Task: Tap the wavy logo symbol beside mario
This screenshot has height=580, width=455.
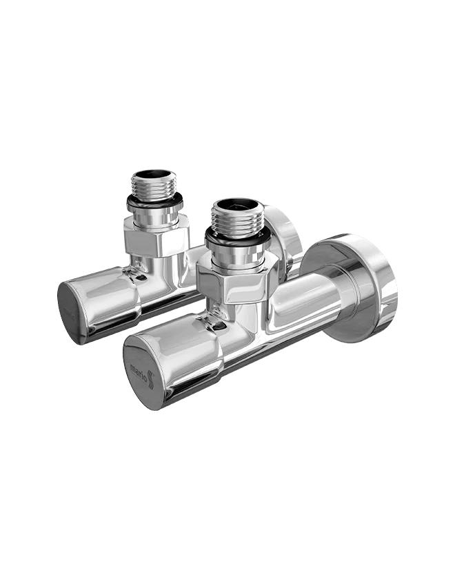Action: [150, 380]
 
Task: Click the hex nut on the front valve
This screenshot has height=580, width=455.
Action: [236, 278]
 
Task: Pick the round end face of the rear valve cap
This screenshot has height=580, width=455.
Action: [72, 313]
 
